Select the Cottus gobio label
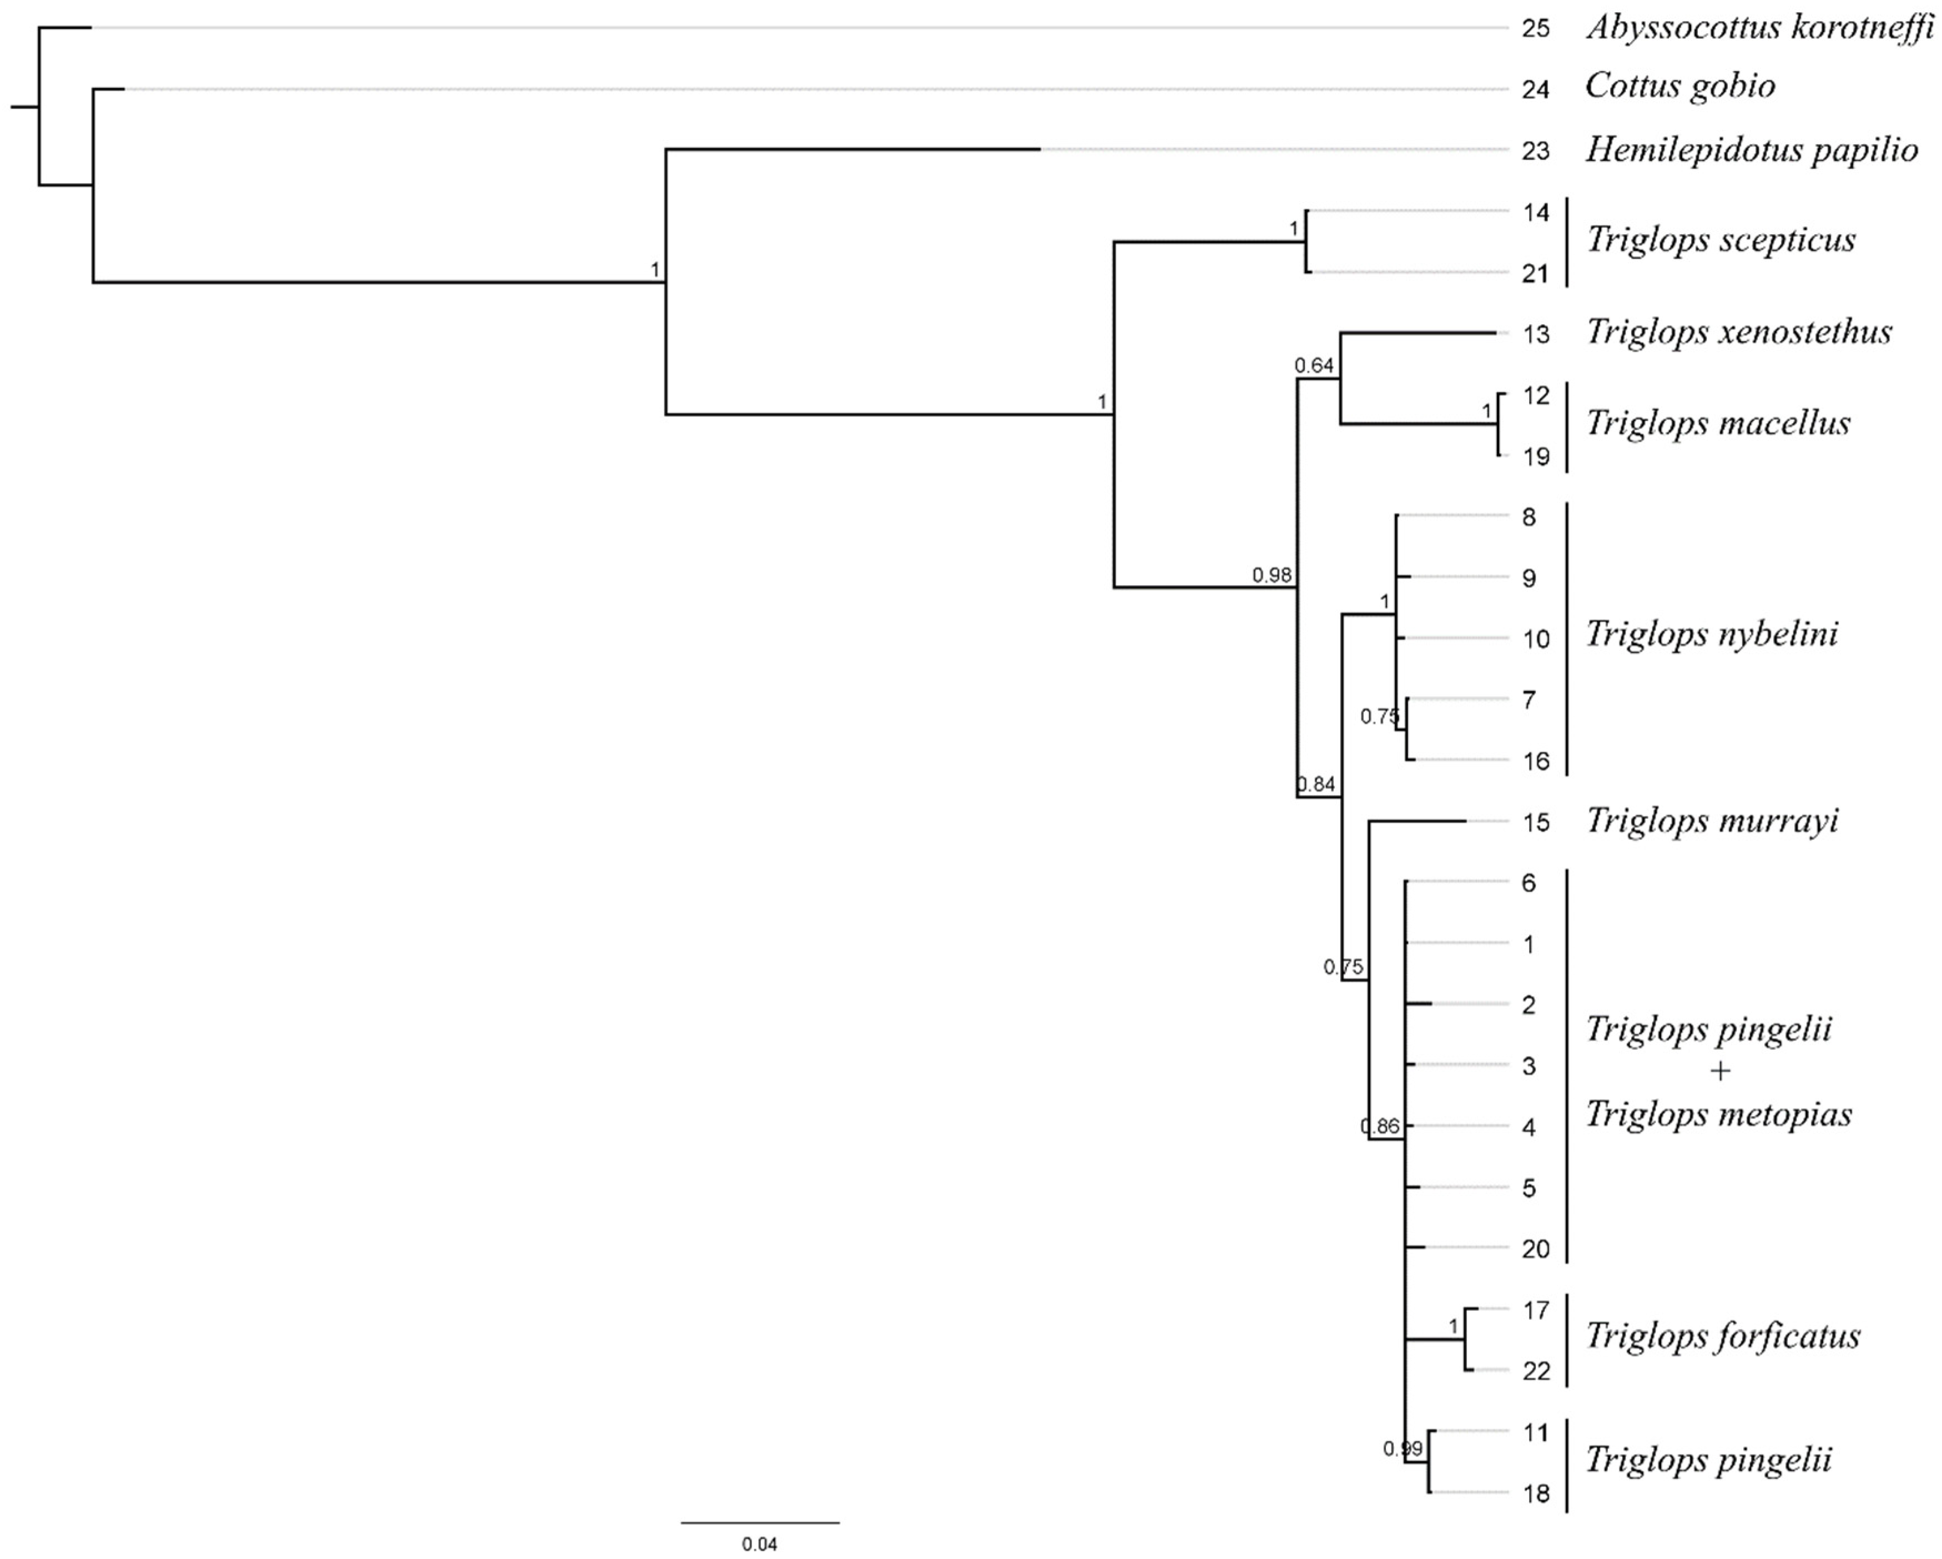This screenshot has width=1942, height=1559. click(x=1680, y=87)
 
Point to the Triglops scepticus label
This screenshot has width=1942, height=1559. click(x=1721, y=240)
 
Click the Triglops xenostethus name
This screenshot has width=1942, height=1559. click(x=1738, y=333)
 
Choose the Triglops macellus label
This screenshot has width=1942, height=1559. click(x=1718, y=424)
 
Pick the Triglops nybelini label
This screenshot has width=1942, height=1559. click(x=1712, y=635)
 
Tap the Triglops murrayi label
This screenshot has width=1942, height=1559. click(x=1712, y=821)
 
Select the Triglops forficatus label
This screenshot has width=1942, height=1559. click(x=1722, y=1336)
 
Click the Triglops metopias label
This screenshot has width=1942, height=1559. click(x=1718, y=1115)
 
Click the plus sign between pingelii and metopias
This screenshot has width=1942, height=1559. click(x=1719, y=1072)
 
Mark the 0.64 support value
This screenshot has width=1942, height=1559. click(x=1313, y=366)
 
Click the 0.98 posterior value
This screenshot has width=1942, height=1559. click(x=1272, y=575)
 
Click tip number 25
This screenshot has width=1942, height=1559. click(x=1536, y=29)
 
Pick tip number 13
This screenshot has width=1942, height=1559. click(x=1536, y=334)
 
